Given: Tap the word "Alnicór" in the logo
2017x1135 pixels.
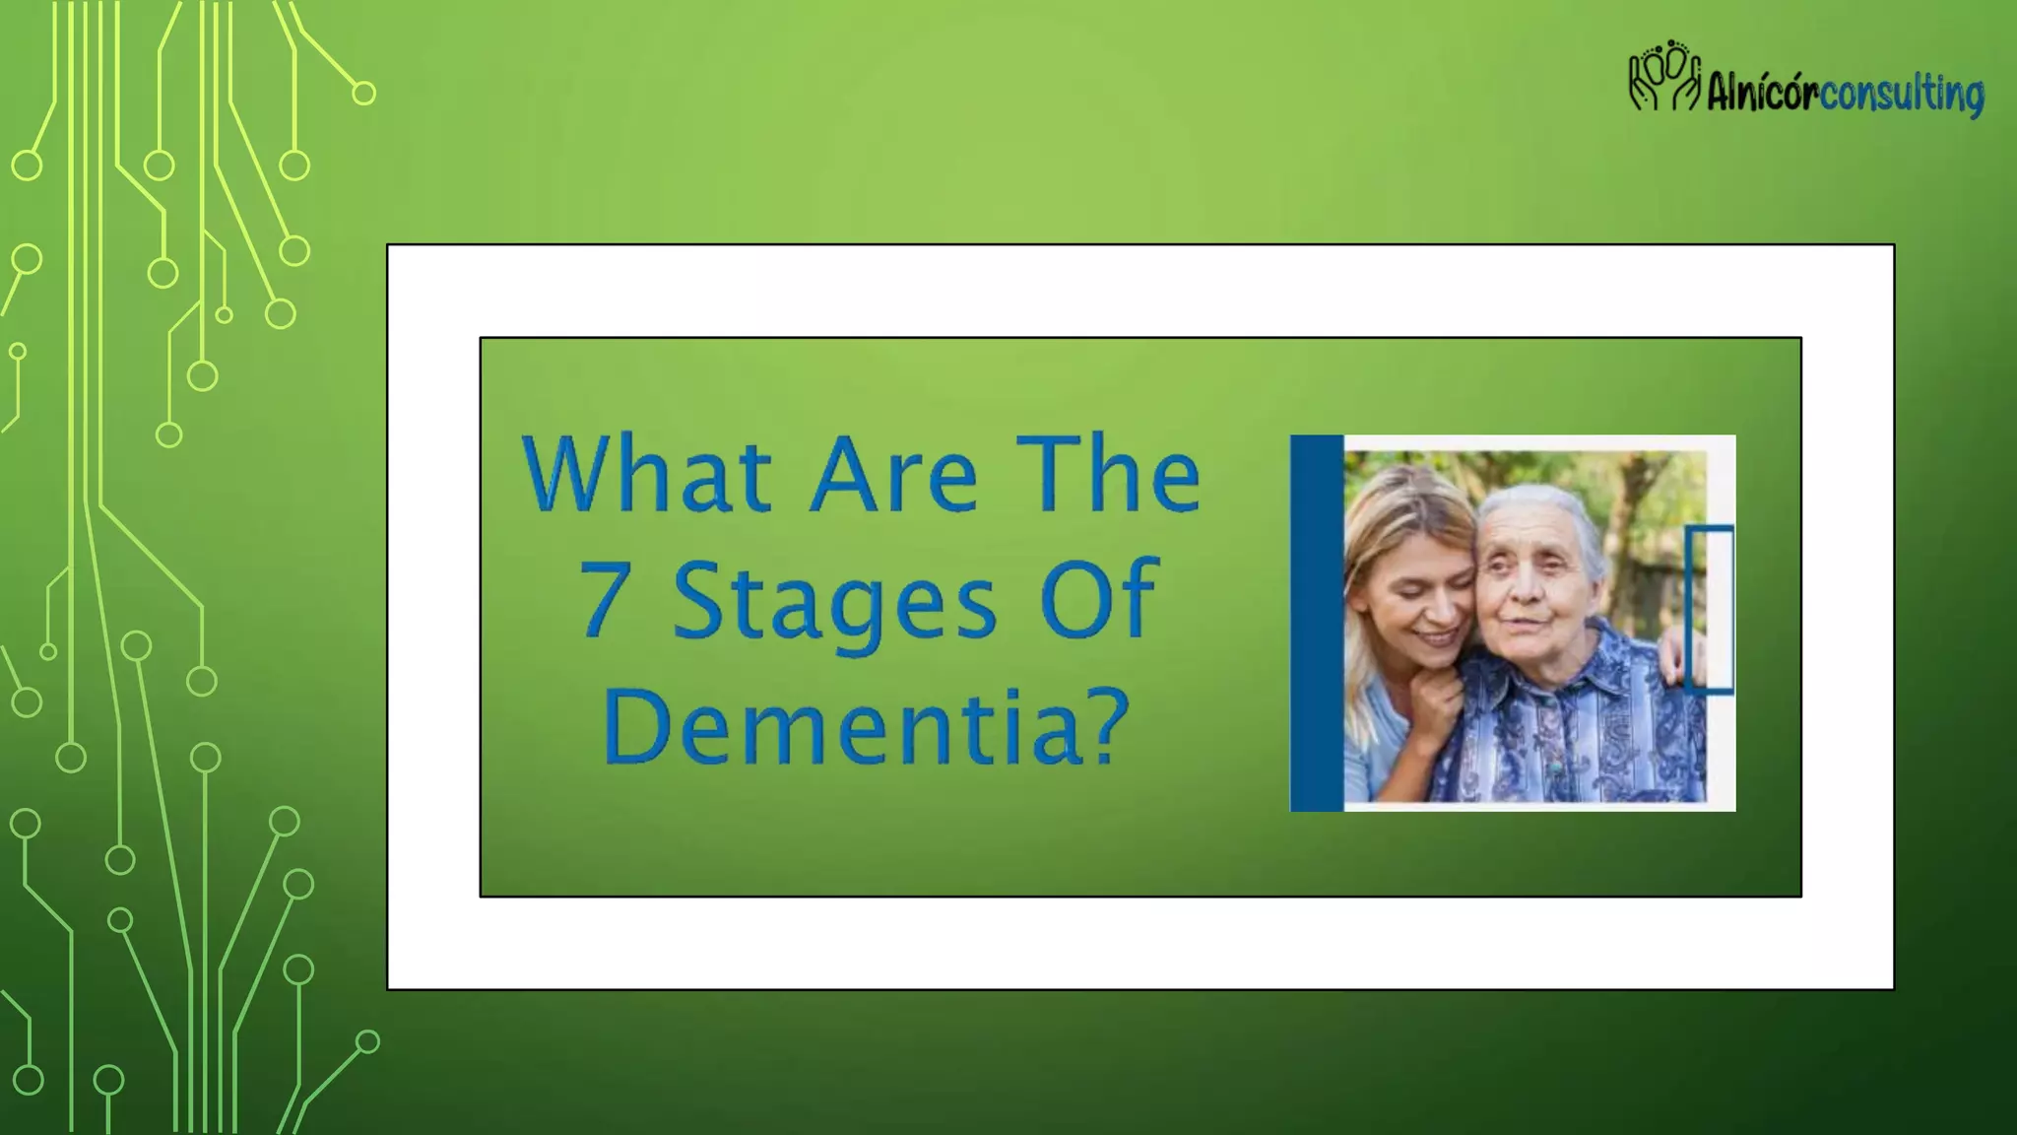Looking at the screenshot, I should [x=1762, y=95].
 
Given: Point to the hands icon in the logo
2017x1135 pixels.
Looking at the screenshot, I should [x=1664, y=77].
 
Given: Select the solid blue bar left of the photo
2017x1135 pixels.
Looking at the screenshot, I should [x=1317, y=623].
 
